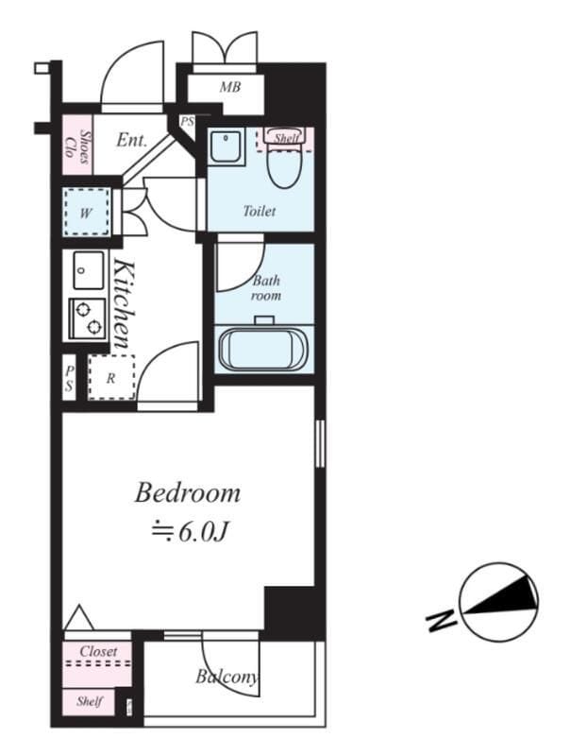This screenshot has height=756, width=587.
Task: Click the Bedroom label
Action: (x=187, y=493)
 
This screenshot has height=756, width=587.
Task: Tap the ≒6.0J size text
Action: (x=189, y=532)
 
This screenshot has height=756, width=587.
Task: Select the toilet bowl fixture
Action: (x=285, y=164)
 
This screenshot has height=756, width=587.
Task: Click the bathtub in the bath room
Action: (x=263, y=349)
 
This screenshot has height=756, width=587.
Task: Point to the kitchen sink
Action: (x=88, y=270)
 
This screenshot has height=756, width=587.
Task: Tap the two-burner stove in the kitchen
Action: (x=88, y=318)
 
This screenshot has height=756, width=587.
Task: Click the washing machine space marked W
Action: (x=86, y=211)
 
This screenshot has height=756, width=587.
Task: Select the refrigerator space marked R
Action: (x=111, y=377)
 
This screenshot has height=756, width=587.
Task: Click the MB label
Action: (x=230, y=87)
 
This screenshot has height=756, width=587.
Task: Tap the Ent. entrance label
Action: (x=131, y=140)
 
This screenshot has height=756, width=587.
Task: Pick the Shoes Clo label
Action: (x=77, y=146)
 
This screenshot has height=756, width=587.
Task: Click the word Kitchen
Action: (x=123, y=303)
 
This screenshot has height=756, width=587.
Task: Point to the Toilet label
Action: (x=260, y=211)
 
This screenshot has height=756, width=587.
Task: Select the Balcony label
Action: (x=226, y=678)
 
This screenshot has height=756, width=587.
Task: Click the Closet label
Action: (x=99, y=651)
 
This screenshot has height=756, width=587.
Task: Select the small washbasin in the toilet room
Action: (x=226, y=146)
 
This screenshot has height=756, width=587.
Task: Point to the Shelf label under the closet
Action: (x=90, y=700)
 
